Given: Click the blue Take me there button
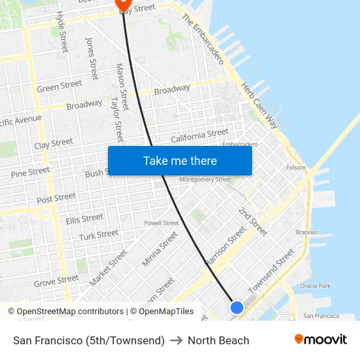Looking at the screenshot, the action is [x=180, y=160].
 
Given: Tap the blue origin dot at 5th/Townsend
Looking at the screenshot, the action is [x=237, y=307].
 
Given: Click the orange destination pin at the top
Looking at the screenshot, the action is [x=123, y=4].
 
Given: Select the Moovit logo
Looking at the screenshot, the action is [x=321, y=340].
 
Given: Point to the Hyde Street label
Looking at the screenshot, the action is [x=62, y=31].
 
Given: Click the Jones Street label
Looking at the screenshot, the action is [x=92, y=58].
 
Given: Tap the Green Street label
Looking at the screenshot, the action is [x=60, y=86].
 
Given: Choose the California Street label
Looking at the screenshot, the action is [x=200, y=135].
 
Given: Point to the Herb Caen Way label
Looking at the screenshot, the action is [x=259, y=105].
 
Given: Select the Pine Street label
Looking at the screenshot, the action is [x=30, y=173].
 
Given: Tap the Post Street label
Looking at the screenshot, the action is [x=56, y=198].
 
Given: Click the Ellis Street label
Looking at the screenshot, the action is [x=84, y=219].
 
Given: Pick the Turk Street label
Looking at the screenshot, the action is [x=99, y=234].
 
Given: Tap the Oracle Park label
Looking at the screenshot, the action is [x=315, y=286].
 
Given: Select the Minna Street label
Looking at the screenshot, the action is [x=160, y=249].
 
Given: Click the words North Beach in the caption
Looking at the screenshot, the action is [x=219, y=340].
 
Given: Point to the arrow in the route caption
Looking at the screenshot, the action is [x=176, y=340].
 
